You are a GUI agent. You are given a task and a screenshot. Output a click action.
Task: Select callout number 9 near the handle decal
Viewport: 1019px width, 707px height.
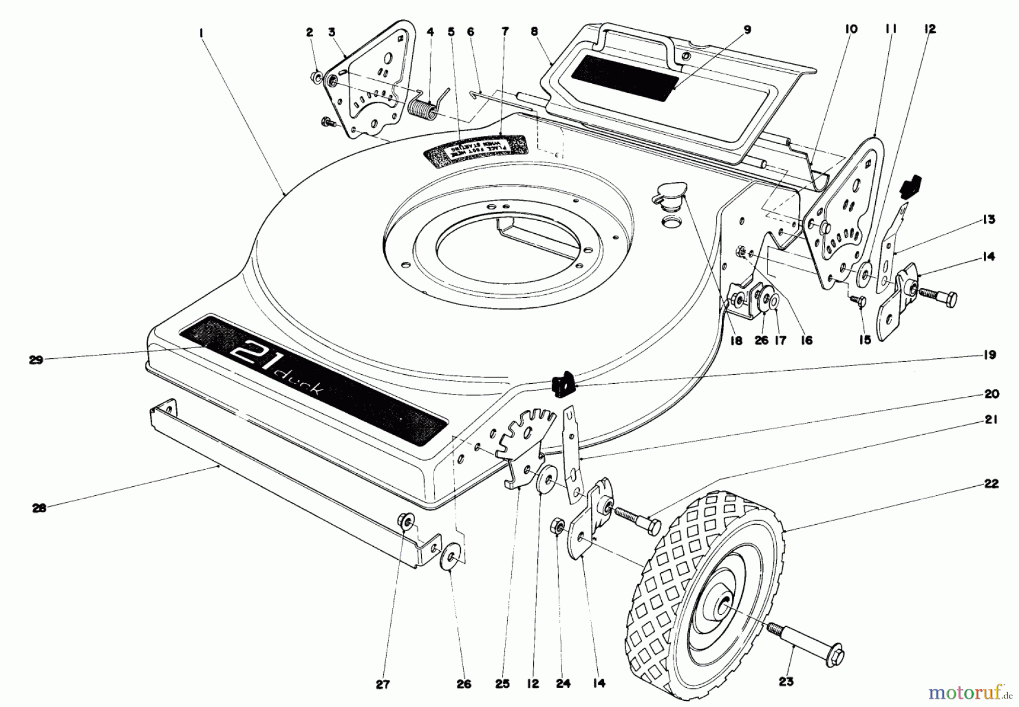coord(747,30)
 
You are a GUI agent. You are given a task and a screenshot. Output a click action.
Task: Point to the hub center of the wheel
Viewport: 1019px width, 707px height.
coord(723,607)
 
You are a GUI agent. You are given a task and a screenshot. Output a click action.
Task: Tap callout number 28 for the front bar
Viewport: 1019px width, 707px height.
coord(38,508)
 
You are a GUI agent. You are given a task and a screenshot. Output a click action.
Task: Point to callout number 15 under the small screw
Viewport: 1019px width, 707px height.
coord(865,340)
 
